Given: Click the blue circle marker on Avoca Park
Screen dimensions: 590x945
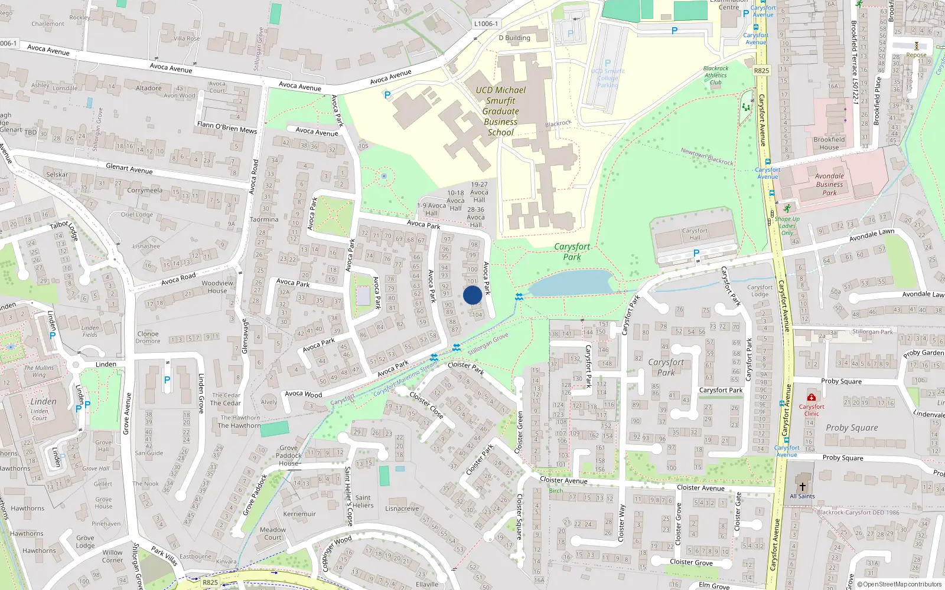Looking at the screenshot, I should pos(472,295).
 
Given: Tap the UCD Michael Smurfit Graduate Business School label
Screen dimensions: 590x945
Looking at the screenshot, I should pos(501,111).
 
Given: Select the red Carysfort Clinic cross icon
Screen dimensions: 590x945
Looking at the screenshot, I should pos(812,398).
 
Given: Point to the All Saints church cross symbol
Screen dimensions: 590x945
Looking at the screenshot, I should pos(802,487).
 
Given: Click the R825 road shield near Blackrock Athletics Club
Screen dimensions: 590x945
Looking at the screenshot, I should pos(761,71).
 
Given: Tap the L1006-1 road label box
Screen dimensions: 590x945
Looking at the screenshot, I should pos(486,24).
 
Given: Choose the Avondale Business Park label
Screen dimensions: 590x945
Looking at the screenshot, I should pos(829,184).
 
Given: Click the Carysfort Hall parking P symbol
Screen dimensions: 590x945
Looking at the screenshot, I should pos(696,254).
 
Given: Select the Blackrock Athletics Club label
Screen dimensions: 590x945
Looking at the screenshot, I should pos(716,75).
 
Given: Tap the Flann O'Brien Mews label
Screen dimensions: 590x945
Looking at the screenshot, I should pos(227,127).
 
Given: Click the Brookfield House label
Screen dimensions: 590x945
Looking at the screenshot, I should pos(829,143).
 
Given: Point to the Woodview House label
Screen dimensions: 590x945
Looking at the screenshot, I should pos(217,287).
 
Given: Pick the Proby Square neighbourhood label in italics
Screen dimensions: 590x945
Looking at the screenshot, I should pos(852,428).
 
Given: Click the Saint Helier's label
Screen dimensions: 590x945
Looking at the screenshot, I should pos(363,501).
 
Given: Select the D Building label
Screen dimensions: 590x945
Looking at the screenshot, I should pos(514,38).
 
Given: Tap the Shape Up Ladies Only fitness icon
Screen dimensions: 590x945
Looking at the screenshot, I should pos(787,209).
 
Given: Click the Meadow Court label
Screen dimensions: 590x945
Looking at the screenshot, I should pos(273,533).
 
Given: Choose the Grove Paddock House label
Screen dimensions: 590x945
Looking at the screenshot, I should pos(289,455).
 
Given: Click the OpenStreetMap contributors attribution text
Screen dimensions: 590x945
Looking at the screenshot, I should pos(901,584).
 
